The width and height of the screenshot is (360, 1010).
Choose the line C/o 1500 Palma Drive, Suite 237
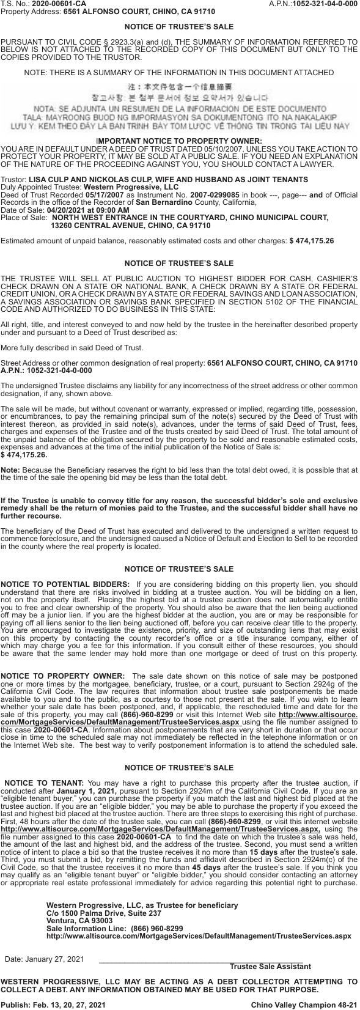[104, 913]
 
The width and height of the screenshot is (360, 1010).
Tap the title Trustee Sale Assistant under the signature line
[270, 966]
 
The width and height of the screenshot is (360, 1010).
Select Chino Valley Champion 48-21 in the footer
[304, 1004]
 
